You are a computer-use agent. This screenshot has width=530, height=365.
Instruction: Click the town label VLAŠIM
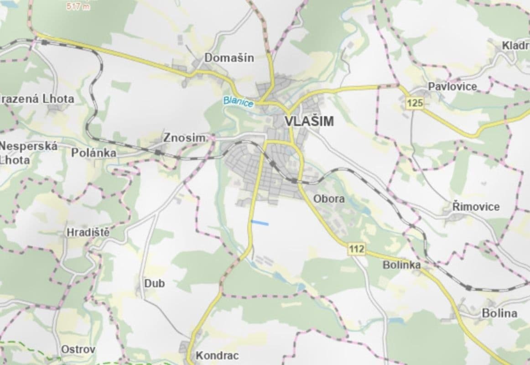(309, 121)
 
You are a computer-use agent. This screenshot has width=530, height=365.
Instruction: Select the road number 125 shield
(415, 103)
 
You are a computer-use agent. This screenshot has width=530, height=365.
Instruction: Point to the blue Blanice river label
(238, 102)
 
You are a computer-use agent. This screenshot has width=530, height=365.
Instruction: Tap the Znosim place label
(186, 137)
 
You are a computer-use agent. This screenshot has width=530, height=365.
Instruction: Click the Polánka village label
(94, 153)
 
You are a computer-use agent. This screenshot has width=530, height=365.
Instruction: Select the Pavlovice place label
(452, 86)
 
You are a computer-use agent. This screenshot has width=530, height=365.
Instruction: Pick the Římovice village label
(476, 207)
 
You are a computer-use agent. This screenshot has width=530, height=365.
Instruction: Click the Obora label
(329, 199)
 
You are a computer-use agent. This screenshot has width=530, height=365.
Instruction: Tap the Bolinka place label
(401, 265)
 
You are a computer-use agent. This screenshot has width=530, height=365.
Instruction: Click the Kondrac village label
(217, 355)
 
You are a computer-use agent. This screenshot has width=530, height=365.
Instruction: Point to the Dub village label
(154, 283)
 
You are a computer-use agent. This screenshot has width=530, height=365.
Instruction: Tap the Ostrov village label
(78, 349)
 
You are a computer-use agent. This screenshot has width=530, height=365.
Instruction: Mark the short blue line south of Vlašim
(260, 223)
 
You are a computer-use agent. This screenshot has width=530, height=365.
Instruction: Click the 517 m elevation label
(78, 7)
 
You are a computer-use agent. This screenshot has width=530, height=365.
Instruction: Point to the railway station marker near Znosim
(158, 152)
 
